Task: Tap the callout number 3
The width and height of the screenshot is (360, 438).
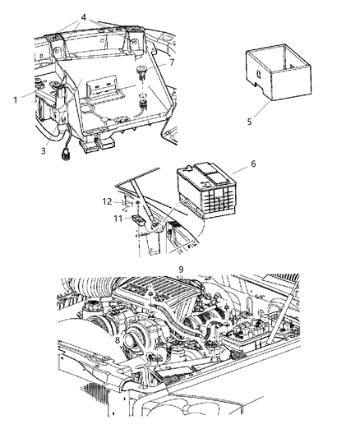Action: (x=44, y=150)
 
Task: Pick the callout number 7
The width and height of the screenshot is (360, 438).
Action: (x=172, y=63)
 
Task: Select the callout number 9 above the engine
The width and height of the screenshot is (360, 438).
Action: (x=180, y=269)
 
